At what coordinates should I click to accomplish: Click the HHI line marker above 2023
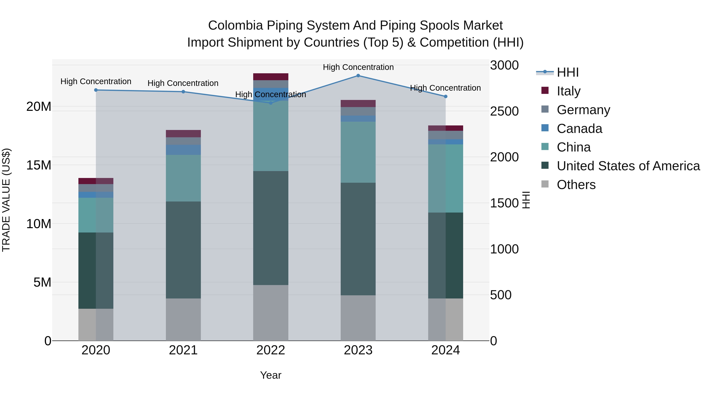tap(358, 76)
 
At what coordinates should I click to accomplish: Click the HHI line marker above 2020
tap(96, 90)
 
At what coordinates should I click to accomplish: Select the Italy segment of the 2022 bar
tap(271, 77)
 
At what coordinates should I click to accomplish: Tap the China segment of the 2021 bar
tap(183, 178)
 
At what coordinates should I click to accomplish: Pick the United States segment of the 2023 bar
tap(358, 239)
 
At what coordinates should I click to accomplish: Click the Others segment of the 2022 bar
tap(271, 313)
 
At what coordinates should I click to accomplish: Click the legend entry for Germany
tap(583, 110)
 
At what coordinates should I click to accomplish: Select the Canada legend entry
tap(579, 129)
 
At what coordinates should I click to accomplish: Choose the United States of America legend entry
tap(628, 166)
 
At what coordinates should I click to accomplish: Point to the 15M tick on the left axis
tap(39, 165)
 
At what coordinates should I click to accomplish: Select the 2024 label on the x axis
tap(445, 350)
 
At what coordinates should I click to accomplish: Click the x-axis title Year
tap(271, 375)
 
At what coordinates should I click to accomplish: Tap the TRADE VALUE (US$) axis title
tap(6, 200)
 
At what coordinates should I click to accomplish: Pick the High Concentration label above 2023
tap(358, 67)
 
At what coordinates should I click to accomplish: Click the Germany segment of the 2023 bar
tap(358, 111)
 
